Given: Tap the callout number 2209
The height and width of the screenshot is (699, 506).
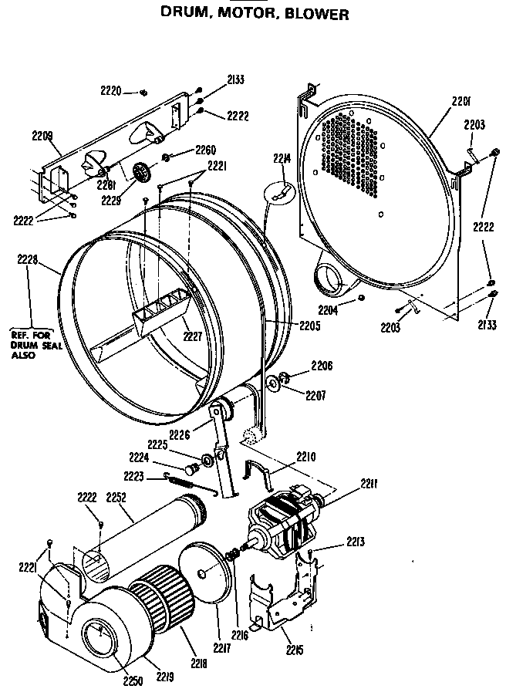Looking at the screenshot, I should [42, 136].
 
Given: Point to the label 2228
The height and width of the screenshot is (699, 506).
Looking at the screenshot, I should [28, 260].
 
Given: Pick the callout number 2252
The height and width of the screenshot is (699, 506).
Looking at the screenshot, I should [118, 498].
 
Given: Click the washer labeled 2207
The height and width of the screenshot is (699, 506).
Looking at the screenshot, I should [274, 383].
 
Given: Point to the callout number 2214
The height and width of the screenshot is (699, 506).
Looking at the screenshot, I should [282, 159].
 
